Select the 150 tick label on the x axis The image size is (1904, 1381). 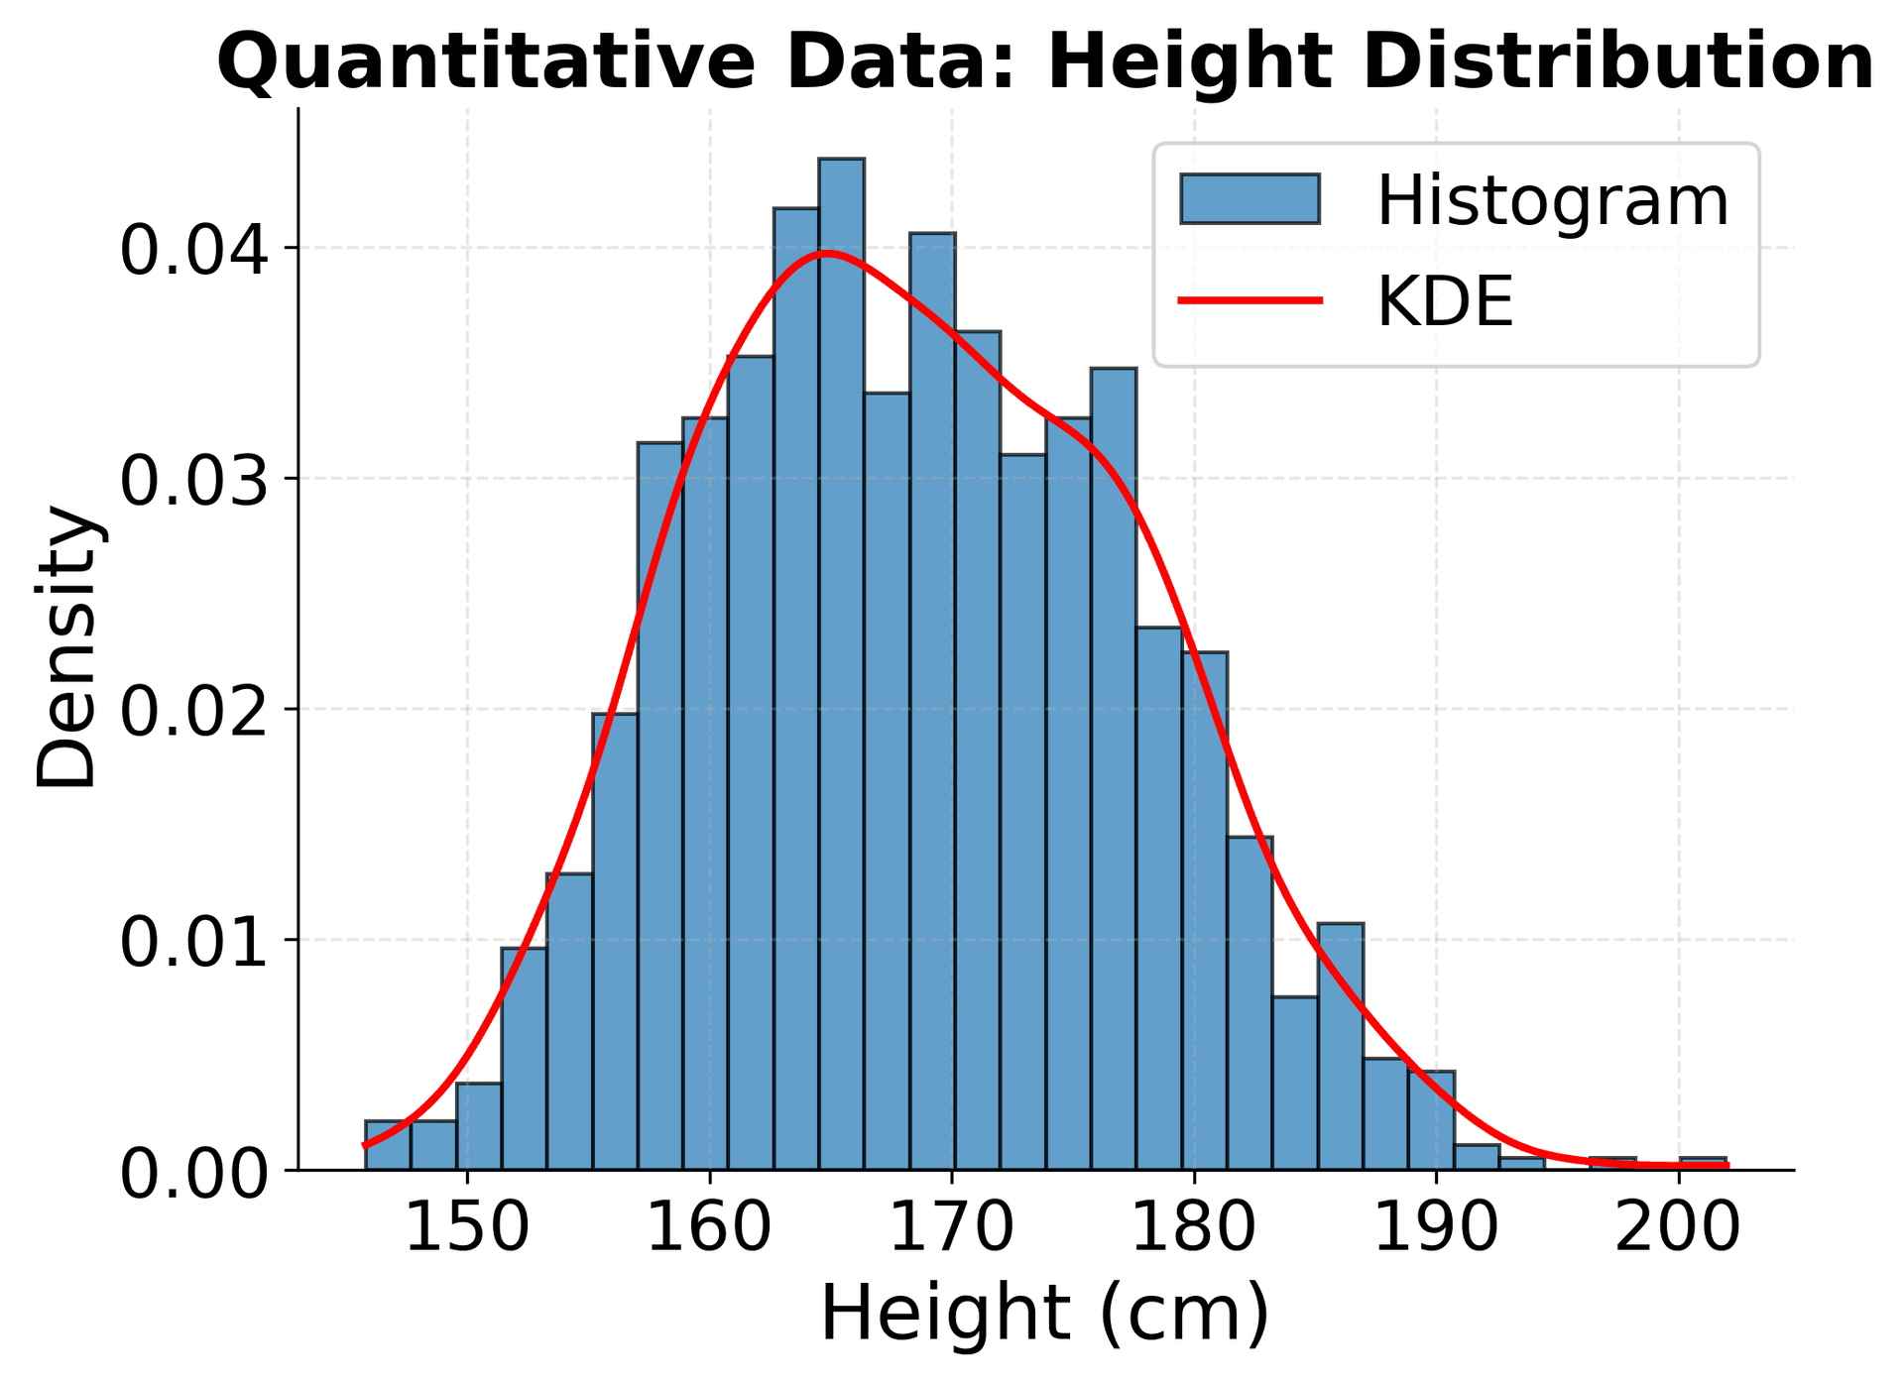[x=467, y=1227]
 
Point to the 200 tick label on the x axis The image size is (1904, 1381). [x=1678, y=1227]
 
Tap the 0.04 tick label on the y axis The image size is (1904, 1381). [x=194, y=250]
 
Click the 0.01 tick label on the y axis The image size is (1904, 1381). [x=194, y=942]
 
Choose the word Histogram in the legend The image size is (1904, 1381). [x=1552, y=201]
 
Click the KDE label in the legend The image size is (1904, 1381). [x=1445, y=301]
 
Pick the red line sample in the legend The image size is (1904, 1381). [x=1249, y=300]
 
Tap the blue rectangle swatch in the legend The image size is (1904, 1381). [x=1249, y=199]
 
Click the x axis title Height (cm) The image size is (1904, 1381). [x=1045, y=1314]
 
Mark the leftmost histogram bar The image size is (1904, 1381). [x=388, y=1145]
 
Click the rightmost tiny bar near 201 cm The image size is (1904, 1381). [x=1703, y=1164]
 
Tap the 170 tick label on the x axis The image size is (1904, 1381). [x=952, y=1227]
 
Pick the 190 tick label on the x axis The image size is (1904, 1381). [x=1436, y=1227]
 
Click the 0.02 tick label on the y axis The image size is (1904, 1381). [x=194, y=711]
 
